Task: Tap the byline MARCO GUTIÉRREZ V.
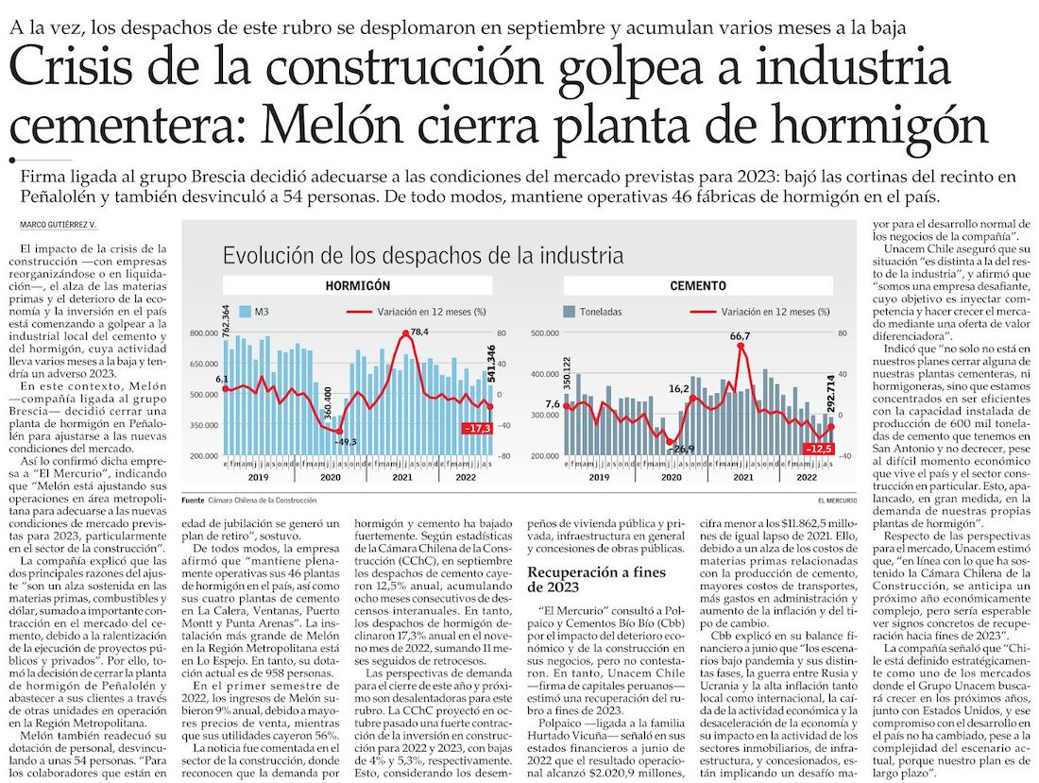60,225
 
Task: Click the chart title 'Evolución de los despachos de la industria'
422,255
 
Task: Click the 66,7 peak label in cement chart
741,336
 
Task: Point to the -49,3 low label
345,441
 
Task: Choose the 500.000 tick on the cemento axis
547,333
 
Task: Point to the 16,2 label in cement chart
678,387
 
